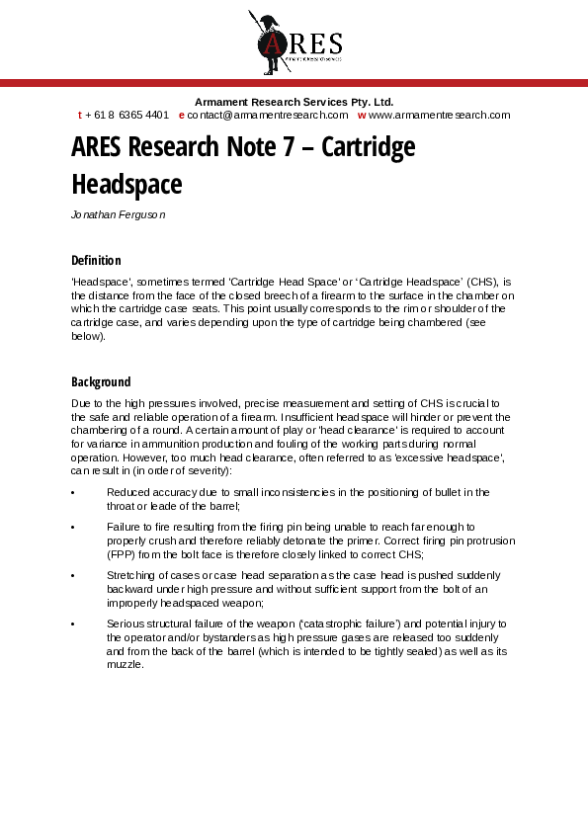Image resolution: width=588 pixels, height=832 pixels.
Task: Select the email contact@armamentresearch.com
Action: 268,115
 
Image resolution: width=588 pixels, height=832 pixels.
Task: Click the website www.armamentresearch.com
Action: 440,115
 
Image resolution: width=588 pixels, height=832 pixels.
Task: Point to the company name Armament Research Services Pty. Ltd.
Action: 294,102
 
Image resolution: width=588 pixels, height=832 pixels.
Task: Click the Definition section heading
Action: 96,261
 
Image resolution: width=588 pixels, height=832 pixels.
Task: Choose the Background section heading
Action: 101,381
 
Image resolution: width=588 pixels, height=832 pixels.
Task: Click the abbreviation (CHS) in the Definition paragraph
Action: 481,282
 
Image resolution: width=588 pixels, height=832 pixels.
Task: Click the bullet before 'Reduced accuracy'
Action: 75,492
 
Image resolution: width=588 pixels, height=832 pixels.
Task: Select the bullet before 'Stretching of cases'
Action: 75,575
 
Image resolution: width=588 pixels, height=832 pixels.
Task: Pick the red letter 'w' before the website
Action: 362,115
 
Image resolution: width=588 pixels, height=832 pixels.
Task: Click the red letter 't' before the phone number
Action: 80,115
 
